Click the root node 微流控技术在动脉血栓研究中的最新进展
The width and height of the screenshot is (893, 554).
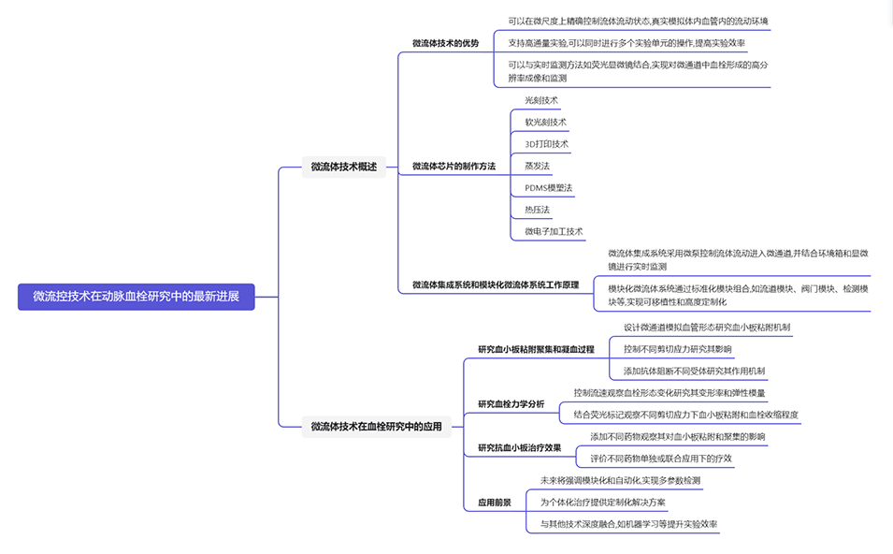point(136,297)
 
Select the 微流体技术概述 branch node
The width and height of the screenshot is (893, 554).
point(343,167)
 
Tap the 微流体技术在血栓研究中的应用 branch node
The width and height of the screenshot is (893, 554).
point(376,426)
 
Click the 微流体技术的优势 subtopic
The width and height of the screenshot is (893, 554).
point(445,43)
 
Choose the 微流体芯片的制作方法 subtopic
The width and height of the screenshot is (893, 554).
point(454,167)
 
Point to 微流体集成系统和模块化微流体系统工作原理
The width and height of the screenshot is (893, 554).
point(496,284)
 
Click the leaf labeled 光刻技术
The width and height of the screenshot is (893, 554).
point(541,100)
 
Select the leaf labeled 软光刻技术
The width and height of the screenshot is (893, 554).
point(545,123)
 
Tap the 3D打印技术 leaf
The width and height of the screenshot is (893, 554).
point(546,144)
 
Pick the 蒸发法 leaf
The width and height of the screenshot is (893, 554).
point(537,166)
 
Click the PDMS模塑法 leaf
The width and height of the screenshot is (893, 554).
point(548,188)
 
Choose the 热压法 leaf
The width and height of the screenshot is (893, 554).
point(537,210)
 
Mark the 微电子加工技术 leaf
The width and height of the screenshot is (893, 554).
point(554,231)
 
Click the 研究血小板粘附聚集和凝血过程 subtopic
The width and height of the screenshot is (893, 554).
point(536,349)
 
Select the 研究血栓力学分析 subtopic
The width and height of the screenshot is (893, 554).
point(511,403)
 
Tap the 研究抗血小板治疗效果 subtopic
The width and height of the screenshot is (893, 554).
point(519,447)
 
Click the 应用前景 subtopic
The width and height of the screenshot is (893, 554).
point(495,503)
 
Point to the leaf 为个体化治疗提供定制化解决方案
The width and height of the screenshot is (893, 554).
point(603,503)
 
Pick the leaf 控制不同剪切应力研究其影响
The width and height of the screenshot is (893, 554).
point(677,349)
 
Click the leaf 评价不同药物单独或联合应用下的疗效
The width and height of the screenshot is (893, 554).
point(661,459)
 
